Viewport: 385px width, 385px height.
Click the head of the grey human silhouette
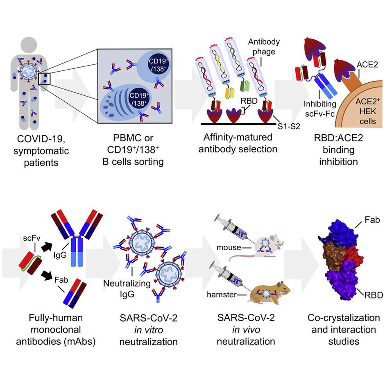(29, 45)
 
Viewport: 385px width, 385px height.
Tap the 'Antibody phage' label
(264, 47)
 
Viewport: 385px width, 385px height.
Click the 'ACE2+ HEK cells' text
(367, 111)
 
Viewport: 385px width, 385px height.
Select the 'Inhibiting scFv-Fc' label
(320, 109)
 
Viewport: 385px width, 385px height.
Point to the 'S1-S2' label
(289, 126)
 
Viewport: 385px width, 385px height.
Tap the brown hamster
(269, 293)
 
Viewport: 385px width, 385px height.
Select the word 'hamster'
(222, 294)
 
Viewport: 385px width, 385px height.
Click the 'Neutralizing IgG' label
(127, 288)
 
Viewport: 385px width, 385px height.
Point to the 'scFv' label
(32, 238)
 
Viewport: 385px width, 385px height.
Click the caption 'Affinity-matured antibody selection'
(238, 143)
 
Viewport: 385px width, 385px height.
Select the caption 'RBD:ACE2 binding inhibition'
(338, 150)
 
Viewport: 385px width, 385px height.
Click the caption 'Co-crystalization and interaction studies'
(344, 330)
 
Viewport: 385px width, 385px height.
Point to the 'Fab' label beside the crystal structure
(372, 220)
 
